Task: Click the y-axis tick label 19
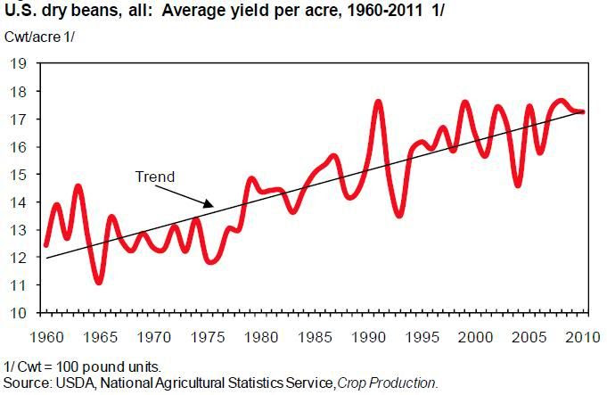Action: click(x=16, y=63)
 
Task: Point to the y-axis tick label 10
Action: click(x=16, y=313)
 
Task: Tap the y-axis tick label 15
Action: click(x=16, y=175)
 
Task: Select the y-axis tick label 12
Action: click(x=16, y=258)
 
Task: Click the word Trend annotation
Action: click(x=154, y=177)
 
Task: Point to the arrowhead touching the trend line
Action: click(x=212, y=206)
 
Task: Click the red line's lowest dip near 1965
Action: click(x=99, y=283)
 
